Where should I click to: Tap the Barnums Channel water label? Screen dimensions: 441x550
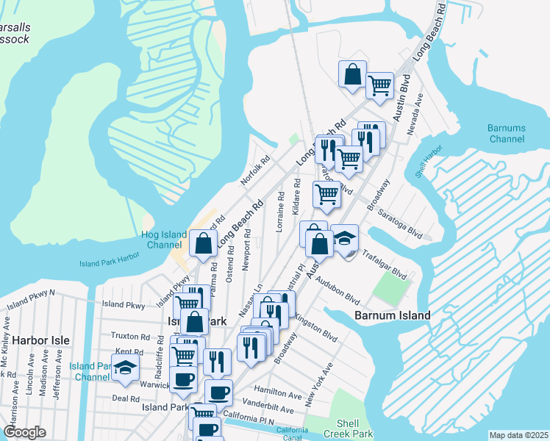click(507, 133)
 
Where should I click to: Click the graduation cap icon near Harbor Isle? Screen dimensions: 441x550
click(125, 367)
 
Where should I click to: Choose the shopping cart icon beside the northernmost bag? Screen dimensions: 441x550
click(379, 85)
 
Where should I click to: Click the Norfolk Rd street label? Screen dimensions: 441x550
click(256, 170)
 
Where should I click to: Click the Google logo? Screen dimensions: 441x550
click(24, 432)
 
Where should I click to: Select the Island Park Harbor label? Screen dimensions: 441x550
click(109, 263)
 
